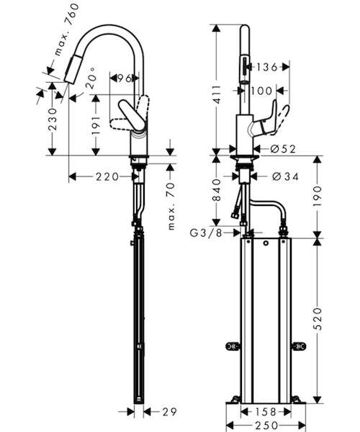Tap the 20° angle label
coord(91,78)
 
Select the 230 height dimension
coord(53,119)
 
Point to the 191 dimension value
coord(96,125)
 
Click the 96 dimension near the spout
coord(125,78)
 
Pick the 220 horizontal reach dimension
coord(107,176)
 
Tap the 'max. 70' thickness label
coord(171,205)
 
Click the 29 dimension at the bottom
coord(169,412)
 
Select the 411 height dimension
coord(217,94)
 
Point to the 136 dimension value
coord(266,67)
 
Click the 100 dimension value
coord(261,91)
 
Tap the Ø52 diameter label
coord(283,149)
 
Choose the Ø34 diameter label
coord(285,176)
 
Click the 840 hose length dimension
coord(217,190)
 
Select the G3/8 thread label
coord(206,233)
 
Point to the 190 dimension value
coord(318,197)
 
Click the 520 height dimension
coord(318,319)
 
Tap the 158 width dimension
coord(265,412)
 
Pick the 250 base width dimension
coord(266,426)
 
